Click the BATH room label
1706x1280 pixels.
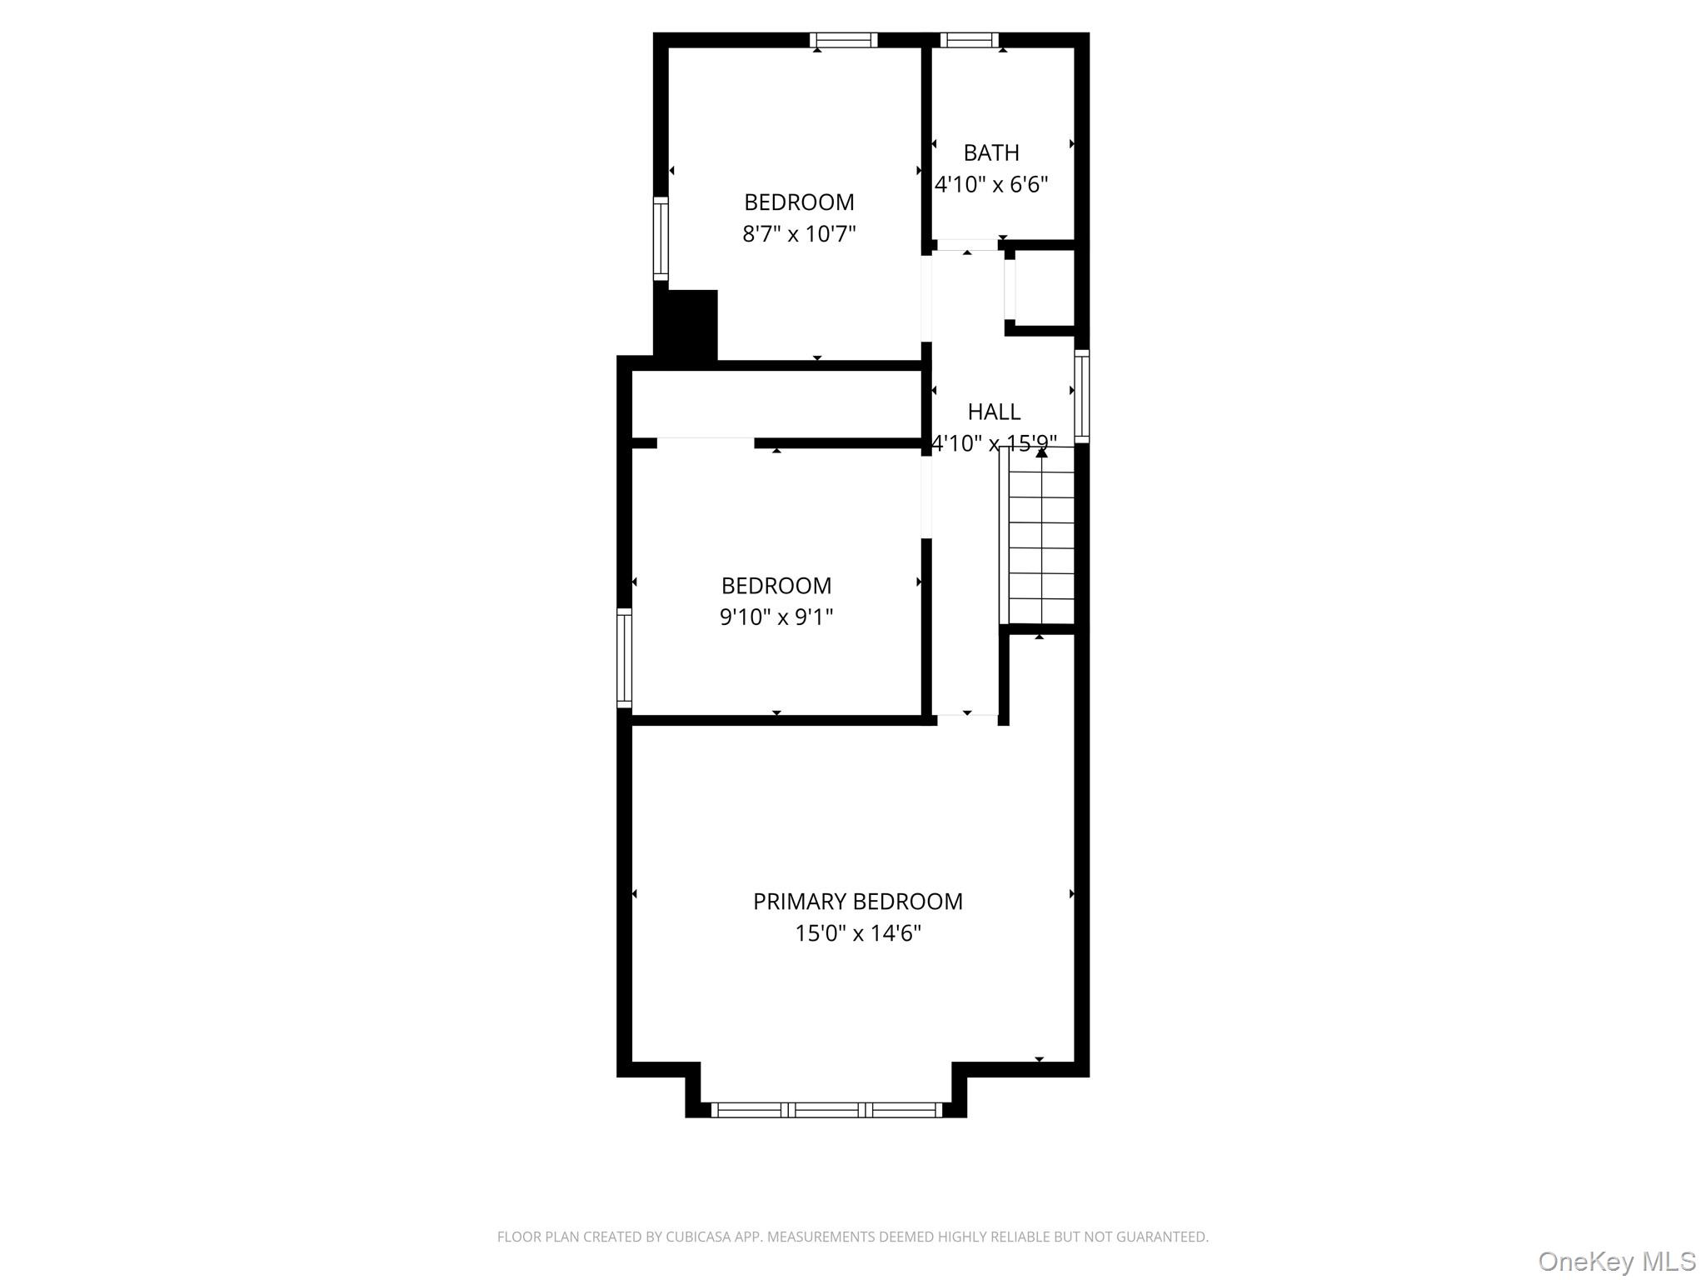[991, 153]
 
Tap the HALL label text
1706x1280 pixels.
[994, 412]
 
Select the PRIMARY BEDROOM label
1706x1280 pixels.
[857, 902]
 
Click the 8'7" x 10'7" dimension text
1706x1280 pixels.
[799, 234]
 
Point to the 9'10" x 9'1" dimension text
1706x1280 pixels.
[776, 617]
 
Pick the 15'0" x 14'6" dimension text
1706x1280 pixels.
[858, 933]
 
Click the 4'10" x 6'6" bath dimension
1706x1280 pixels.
[991, 185]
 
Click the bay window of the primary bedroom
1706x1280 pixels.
[826, 1109]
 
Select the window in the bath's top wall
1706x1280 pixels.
[969, 40]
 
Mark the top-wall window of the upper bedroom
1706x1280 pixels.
[844, 40]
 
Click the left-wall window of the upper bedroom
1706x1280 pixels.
[661, 239]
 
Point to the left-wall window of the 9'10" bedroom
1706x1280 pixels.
[624, 658]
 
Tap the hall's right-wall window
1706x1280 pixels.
[1081, 396]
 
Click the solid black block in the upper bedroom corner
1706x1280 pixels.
[686, 324]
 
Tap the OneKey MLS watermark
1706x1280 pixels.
[1616, 1261]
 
